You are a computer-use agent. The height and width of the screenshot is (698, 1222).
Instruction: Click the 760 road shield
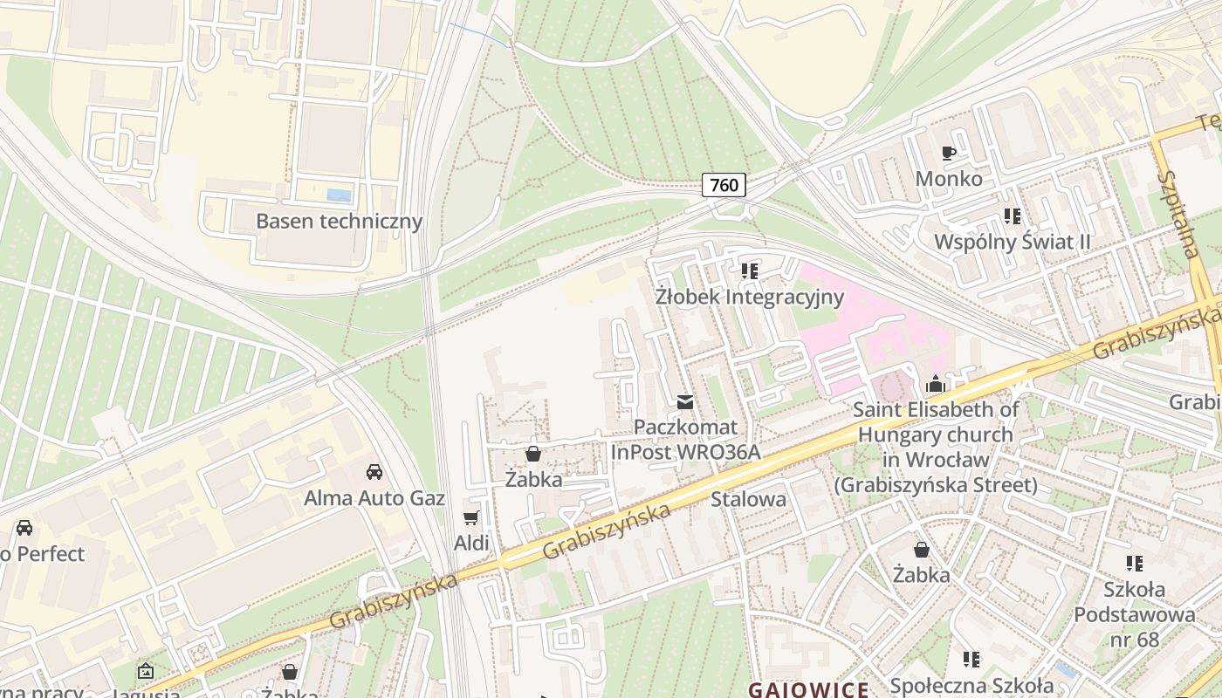(724, 184)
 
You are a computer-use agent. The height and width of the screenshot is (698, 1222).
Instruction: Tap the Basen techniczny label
(339, 221)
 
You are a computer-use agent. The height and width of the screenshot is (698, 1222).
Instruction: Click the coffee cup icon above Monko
(949, 154)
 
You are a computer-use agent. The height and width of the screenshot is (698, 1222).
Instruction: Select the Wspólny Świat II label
(1013, 242)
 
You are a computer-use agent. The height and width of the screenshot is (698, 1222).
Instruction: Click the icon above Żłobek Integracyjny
(749, 271)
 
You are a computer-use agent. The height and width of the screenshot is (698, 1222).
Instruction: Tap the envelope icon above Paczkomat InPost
(685, 402)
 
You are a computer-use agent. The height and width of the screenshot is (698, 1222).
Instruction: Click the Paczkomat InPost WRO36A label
(685, 440)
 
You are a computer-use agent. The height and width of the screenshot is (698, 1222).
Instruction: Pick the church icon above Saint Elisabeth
(936, 384)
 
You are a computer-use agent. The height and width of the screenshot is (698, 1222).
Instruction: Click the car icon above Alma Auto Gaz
(374, 472)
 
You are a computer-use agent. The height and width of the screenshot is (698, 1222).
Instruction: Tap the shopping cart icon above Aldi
(471, 518)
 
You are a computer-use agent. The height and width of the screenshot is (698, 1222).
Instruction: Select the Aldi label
(471, 544)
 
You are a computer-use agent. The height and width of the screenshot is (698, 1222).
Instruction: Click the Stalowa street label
(748, 500)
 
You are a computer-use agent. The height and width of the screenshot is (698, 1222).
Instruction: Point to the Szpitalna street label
(1177, 215)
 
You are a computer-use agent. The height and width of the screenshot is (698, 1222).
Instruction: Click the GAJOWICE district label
(808, 689)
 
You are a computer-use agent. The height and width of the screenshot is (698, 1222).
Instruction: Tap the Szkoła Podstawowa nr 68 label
(1134, 614)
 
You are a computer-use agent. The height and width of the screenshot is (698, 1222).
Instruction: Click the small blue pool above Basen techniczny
(339, 195)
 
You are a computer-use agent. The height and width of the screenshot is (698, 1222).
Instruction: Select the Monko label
(949, 179)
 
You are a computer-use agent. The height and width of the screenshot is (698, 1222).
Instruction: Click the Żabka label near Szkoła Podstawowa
(921, 575)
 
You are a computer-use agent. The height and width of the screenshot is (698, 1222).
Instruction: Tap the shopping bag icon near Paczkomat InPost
(533, 454)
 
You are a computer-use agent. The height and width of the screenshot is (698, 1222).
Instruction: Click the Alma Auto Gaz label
(374, 498)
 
